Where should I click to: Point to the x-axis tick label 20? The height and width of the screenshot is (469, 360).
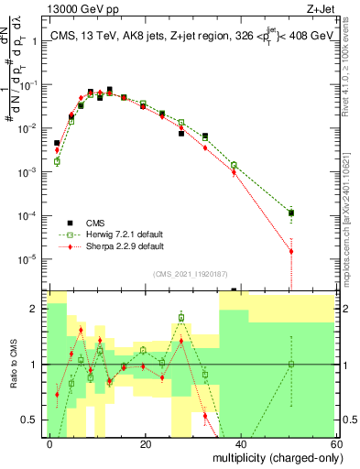(146, 444)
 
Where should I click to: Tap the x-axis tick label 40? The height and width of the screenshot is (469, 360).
(241, 444)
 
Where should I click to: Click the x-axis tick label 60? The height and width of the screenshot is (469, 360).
(335, 444)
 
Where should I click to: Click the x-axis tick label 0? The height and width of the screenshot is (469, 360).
(50, 444)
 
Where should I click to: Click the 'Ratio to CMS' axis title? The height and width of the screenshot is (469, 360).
(13, 365)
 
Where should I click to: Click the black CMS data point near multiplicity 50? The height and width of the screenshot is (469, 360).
(290, 213)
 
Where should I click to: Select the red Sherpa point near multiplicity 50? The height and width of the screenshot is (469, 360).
(290, 251)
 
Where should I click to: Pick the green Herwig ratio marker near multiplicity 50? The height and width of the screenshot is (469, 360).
(290, 365)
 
